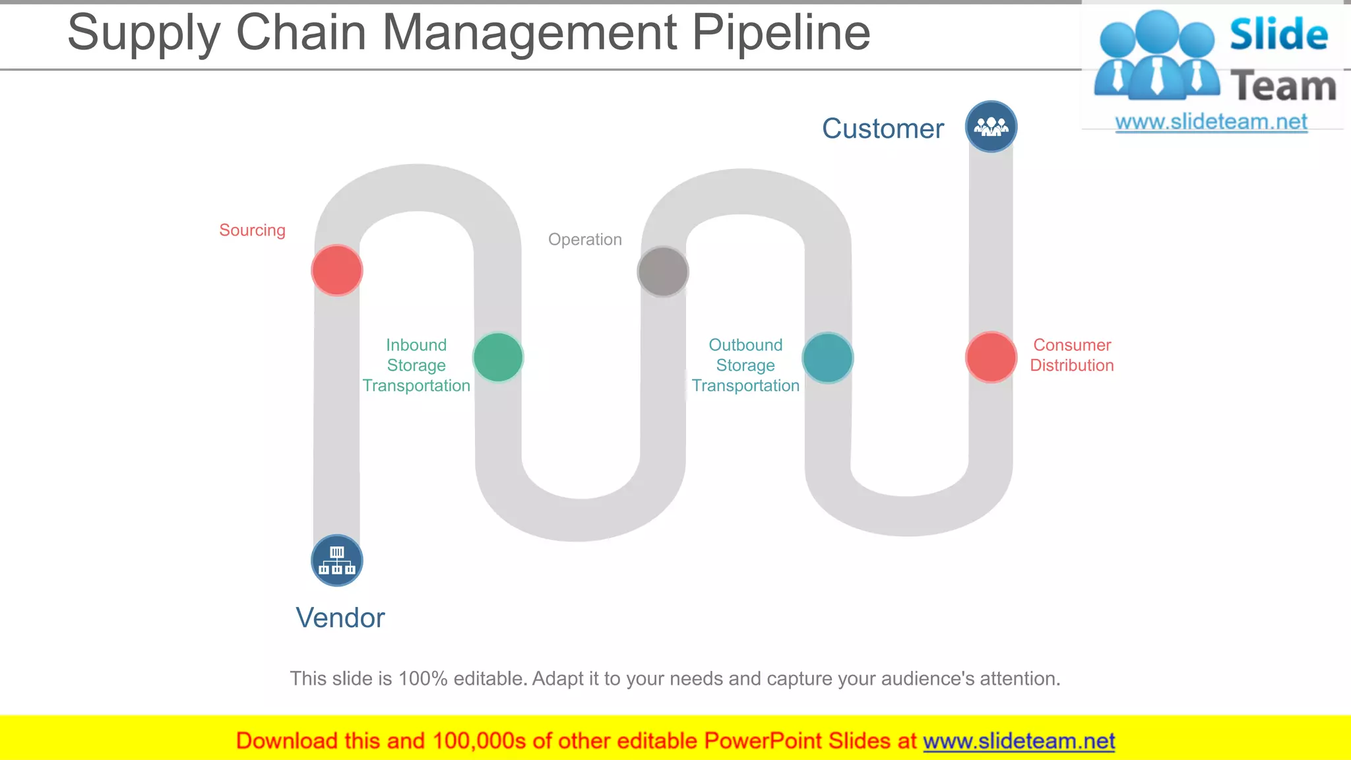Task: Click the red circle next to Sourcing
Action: coord(337,270)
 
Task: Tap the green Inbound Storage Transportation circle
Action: coord(498,358)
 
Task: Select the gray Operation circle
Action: coord(663,272)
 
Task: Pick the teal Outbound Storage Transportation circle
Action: coord(828,358)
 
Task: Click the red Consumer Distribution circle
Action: coord(991,358)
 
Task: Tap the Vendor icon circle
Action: coord(337,561)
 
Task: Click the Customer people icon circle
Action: coord(991,127)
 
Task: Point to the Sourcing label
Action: coord(252,230)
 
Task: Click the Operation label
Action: coord(584,239)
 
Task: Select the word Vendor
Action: coord(340,618)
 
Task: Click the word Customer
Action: coord(883,129)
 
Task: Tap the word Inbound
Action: coord(416,345)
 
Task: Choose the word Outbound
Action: coord(745,345)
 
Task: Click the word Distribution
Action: coord(1071,365)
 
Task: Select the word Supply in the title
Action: coord(144,33)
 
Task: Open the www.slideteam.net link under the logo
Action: coord(1211,122)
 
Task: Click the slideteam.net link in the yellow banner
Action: coord(1019,742)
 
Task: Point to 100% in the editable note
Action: coord(423,679)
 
